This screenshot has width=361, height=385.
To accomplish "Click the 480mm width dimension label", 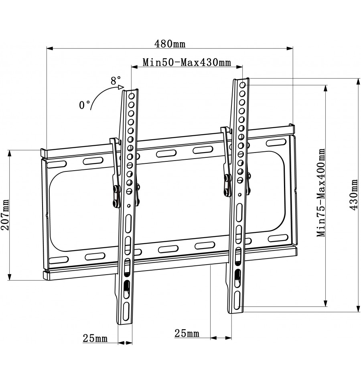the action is [170, 44].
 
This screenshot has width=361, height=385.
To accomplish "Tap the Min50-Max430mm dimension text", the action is [187, 62].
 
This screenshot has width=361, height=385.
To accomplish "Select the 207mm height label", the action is [5, 215].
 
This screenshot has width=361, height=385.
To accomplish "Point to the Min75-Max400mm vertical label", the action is [321, 193].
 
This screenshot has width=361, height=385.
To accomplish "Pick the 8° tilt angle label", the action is [116, 81].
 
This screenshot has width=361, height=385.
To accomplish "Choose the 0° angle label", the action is [84, 105].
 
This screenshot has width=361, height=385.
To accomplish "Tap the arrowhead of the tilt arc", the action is [121, 87].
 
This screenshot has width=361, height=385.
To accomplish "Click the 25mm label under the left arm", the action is [95, 338].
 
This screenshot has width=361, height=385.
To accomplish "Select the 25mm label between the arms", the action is [187, 334].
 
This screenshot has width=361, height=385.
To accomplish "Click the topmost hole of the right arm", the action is [242, 85].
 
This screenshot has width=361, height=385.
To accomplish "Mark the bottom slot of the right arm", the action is [237, 301].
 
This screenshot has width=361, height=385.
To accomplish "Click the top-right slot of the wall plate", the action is [276, 143].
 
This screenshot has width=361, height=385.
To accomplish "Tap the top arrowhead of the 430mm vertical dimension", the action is [359, 82].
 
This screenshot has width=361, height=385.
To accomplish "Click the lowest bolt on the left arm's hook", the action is [115, 203].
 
